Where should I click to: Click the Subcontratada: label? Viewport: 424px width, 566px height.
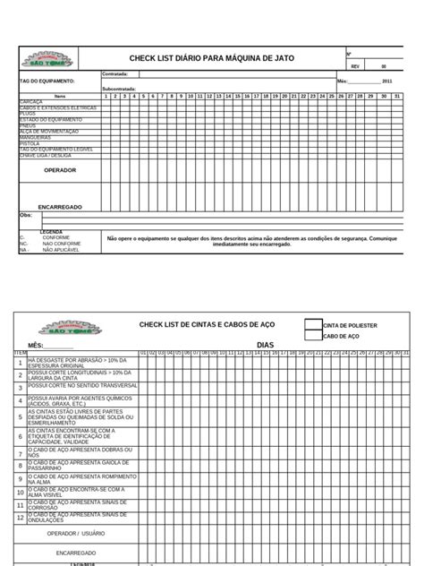point(120,89)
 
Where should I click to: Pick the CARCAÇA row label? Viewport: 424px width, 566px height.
point(31,102)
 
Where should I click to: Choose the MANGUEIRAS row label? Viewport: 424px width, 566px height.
point(35,137)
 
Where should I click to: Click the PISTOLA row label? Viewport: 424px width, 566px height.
point(30,142)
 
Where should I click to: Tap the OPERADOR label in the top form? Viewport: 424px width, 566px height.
point(60,169)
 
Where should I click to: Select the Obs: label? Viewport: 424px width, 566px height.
point(25,216)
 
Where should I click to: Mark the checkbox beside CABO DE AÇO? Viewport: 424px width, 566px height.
point(311,338)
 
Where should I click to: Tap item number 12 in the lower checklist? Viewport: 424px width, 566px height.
point(21,518)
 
